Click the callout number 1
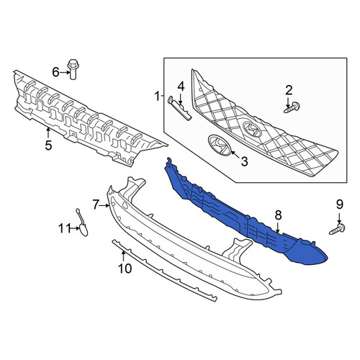click(x=157, y=96)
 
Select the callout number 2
click(x=289, y=90)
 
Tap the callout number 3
click(x=244, y=161)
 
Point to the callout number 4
click(x=181, y=86)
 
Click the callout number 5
click(x=48, y=145)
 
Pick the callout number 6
click(x=55, y=72)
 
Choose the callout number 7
click(x=96, y=205)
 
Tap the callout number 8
click(x=278, y=215)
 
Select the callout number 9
click(x=339, y=204)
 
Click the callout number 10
click(x=125, y=268)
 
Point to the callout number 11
click(x=64, y=228)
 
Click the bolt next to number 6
click(x=73, y=69)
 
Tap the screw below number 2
click(x=292, y=107)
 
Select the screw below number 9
click(x=337, y=229)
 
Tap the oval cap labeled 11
click(x=84, y=230)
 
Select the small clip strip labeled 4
click(x=180, y=108)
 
